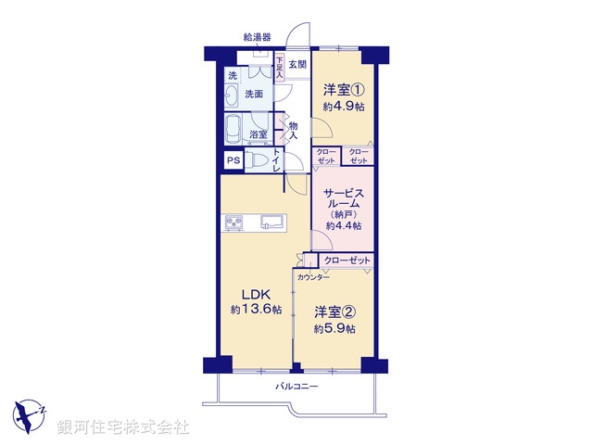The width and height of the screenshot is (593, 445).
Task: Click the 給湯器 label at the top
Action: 258,38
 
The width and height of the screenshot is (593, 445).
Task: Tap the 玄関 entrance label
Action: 296,64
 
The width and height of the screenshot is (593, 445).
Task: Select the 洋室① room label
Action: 343,90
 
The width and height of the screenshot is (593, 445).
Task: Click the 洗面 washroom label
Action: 254,94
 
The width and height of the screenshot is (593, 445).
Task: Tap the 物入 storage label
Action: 293,131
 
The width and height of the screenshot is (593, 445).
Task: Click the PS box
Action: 233,160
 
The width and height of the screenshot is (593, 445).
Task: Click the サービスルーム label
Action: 343,200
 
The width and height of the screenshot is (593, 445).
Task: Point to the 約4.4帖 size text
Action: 343,225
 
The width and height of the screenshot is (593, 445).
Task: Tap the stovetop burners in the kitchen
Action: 235,222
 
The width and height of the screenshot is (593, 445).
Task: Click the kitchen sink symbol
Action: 272,222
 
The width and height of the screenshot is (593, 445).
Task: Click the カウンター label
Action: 313,277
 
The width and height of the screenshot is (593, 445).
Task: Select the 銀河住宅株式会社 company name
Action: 123,427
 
